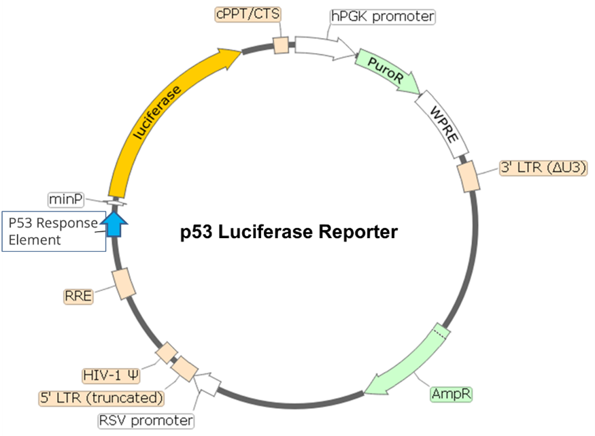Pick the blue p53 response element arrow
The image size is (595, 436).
pos(116,222)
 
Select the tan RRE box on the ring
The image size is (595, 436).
pos(122,284)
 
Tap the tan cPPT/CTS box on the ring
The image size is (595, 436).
pos(281,46)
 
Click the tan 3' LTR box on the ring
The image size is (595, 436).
pos(469,176)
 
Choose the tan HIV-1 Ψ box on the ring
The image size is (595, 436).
pos(167,354)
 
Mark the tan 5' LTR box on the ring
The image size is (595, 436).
pos(184,369)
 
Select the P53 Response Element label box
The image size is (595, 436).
pos(53,232)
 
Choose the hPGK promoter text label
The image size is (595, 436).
pos(382,16)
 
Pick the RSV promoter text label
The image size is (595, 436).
pos(146,421)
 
